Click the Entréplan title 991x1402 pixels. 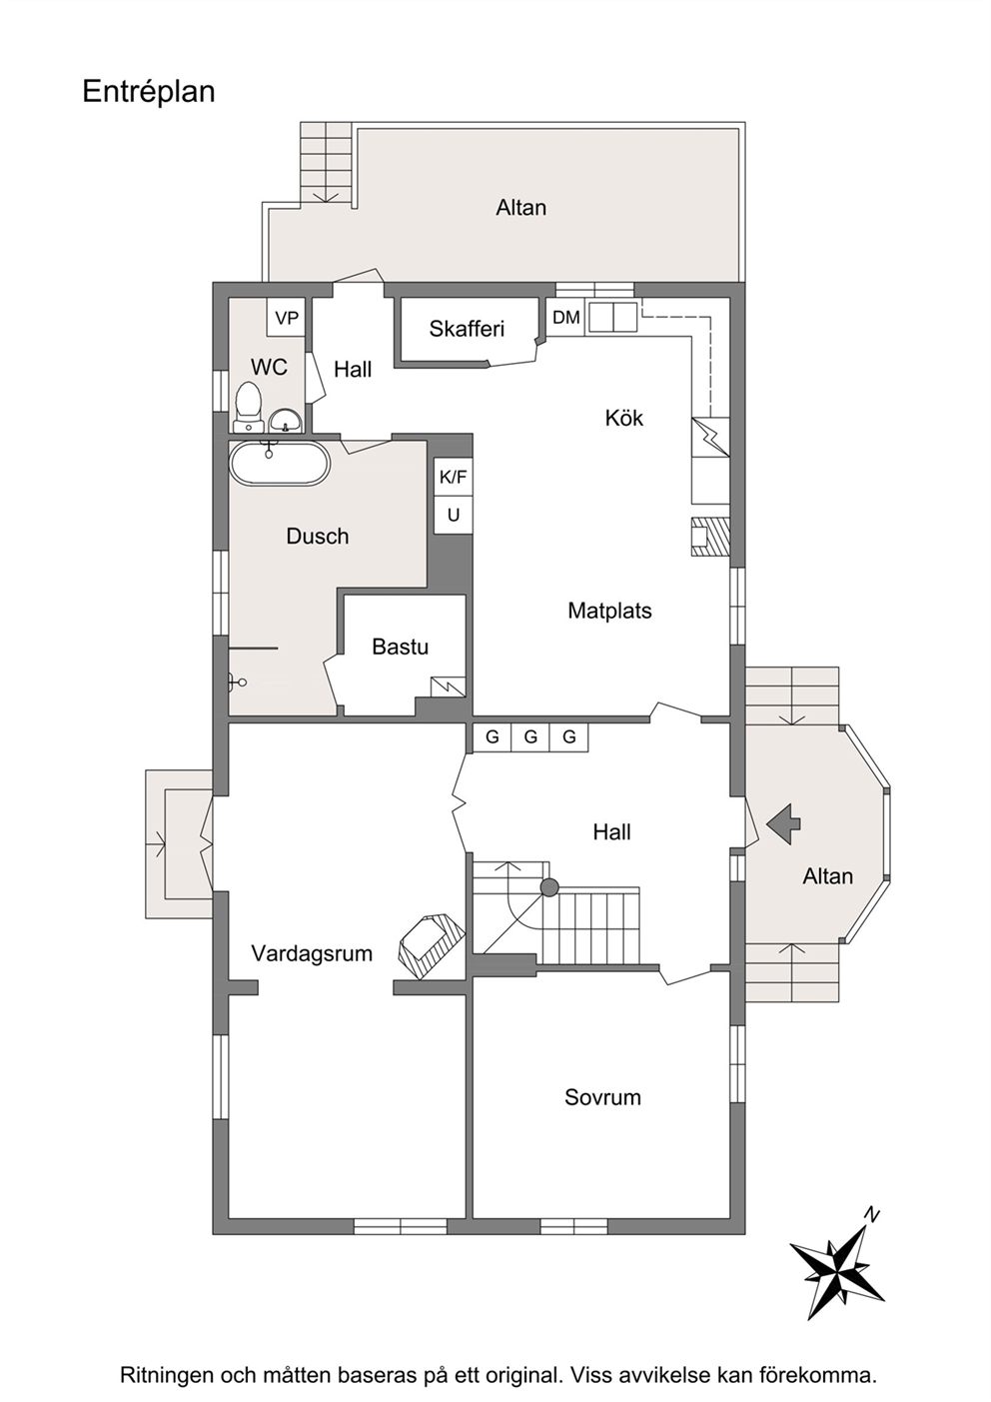149,92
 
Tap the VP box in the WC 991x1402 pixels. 287,318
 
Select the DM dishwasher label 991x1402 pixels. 566,318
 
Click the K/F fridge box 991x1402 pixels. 453,478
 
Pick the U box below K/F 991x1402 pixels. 453,515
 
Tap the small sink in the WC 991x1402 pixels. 286,421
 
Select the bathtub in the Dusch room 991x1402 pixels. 279,463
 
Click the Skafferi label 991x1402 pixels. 467,329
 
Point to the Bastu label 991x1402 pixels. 400,647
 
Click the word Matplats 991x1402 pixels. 609,611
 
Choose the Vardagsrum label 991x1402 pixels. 312,954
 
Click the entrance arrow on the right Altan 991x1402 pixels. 784,824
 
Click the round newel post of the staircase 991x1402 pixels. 548,887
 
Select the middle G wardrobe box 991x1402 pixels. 530,737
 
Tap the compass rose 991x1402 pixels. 838,1265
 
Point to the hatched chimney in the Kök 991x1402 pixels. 710,537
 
